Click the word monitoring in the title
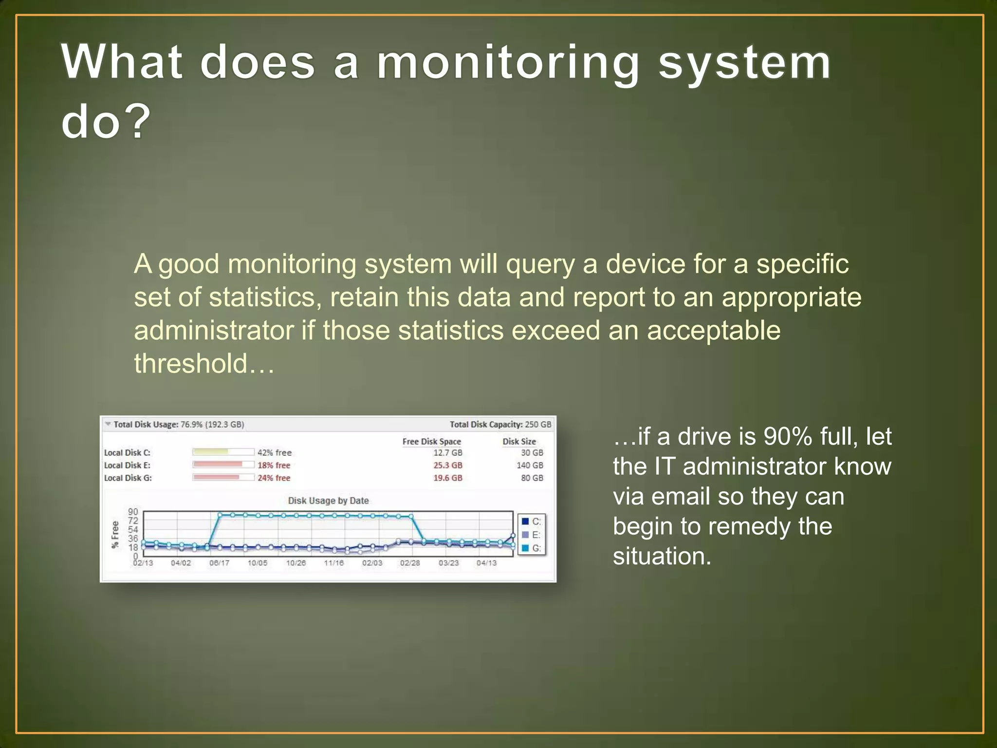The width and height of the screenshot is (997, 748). pos(508,63)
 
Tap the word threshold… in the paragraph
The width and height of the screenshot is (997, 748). pos(204,364)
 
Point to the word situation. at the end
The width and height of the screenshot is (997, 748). pos(662,557)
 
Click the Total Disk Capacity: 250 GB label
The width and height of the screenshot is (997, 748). pos(500,425)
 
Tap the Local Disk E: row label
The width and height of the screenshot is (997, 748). pos(127,466)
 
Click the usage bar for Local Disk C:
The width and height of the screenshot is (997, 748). pos(223,452)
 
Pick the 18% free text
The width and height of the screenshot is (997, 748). pos(274,466)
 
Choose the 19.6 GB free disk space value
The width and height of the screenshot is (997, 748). pos(447,478)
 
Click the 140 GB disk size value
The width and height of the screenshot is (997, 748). pos(530,466)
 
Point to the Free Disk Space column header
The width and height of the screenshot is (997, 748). pos(431,442)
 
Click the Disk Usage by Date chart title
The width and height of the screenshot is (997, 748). pos(328,501)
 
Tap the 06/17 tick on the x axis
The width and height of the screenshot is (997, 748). pos(219,563)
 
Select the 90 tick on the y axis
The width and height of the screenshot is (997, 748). pos(133,512)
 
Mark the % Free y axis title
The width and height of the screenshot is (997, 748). pos(115,535)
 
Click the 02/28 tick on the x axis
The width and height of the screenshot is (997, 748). pos(410,563)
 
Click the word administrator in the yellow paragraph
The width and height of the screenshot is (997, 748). pos(214,331)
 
